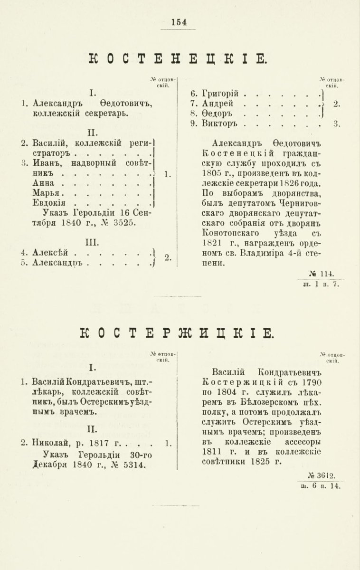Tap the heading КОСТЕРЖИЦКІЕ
(x=181, y=333)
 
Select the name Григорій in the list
(x=219, y=94)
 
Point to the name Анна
(x=44, y=183)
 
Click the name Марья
(x=47, y=193)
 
